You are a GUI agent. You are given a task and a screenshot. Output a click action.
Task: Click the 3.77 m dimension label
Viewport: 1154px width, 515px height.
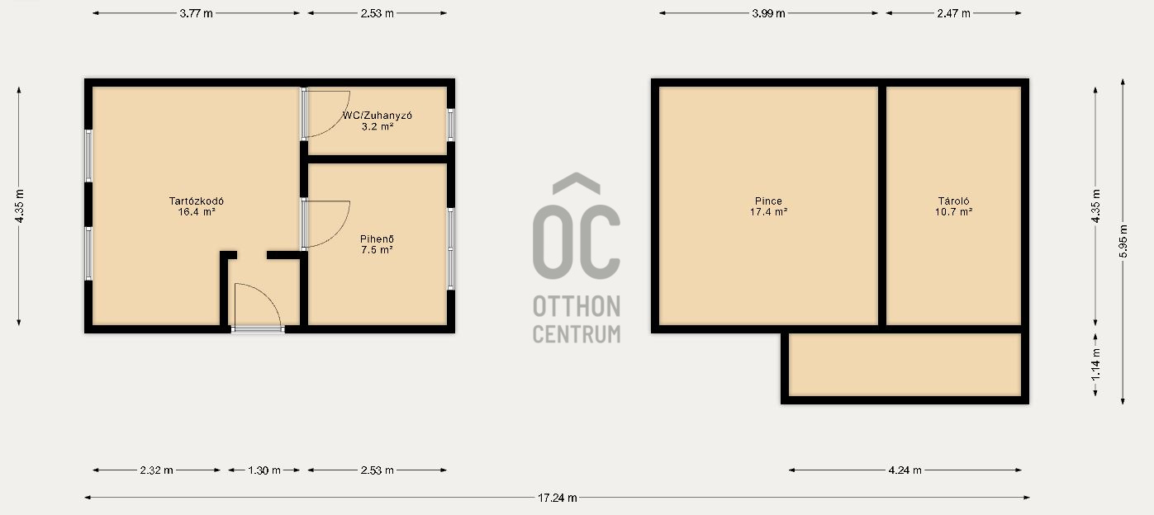196,13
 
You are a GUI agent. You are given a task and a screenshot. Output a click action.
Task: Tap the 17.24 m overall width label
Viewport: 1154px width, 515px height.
558,498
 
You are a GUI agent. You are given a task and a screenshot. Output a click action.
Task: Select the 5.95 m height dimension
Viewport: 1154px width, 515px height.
1123,241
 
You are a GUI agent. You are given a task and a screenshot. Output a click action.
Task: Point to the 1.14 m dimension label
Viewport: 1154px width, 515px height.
1096,364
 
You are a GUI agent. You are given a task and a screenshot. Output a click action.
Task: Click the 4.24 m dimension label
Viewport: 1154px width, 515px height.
905,470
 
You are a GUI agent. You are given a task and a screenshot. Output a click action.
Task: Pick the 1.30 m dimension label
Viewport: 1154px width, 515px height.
264,470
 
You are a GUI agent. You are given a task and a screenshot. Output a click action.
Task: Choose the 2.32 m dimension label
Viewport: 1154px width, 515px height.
157,470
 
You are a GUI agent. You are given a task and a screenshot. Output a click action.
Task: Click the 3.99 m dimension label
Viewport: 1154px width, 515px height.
768,13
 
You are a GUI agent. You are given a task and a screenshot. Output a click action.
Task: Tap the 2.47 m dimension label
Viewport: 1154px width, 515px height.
953,13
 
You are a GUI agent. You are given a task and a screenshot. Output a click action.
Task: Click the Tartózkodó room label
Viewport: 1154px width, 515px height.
197,201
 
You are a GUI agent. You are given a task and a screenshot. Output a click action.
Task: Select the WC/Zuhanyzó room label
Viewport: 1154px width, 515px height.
378,116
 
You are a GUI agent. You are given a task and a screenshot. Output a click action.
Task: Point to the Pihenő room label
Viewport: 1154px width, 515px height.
378,239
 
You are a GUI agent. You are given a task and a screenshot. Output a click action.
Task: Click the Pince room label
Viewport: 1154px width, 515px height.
768,201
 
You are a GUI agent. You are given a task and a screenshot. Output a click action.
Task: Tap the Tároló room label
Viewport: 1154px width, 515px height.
953,201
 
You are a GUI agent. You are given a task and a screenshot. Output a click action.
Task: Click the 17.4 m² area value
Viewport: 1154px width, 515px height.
768,212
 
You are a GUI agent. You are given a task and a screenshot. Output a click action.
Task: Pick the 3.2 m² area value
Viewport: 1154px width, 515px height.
378,126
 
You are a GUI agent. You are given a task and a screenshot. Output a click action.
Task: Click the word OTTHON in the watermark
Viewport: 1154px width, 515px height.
577,307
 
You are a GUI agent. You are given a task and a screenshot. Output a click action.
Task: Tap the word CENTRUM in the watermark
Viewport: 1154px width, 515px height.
577,334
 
